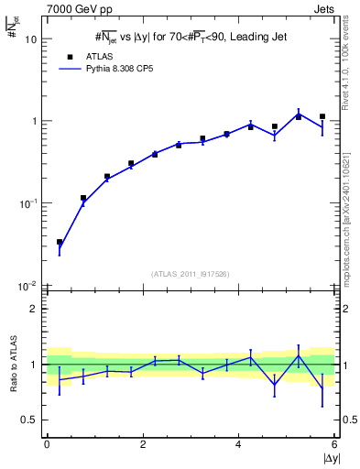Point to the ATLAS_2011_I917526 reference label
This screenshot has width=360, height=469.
pos(190,274)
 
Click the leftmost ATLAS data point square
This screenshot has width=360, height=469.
pos(60,243)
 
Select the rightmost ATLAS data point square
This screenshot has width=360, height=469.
pos(322,116)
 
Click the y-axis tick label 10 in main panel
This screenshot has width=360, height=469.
pos(31,39)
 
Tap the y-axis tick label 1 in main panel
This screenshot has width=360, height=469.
pos(35,121)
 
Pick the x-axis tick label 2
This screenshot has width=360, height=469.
pos(143,443)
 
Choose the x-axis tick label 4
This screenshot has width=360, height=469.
pos(239,443)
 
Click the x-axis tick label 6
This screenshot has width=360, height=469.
pos(335,443)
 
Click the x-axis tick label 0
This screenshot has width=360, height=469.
pos(47,443)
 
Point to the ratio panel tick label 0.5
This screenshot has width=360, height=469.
pos(29,420)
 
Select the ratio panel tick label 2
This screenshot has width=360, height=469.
pos(34,309)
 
